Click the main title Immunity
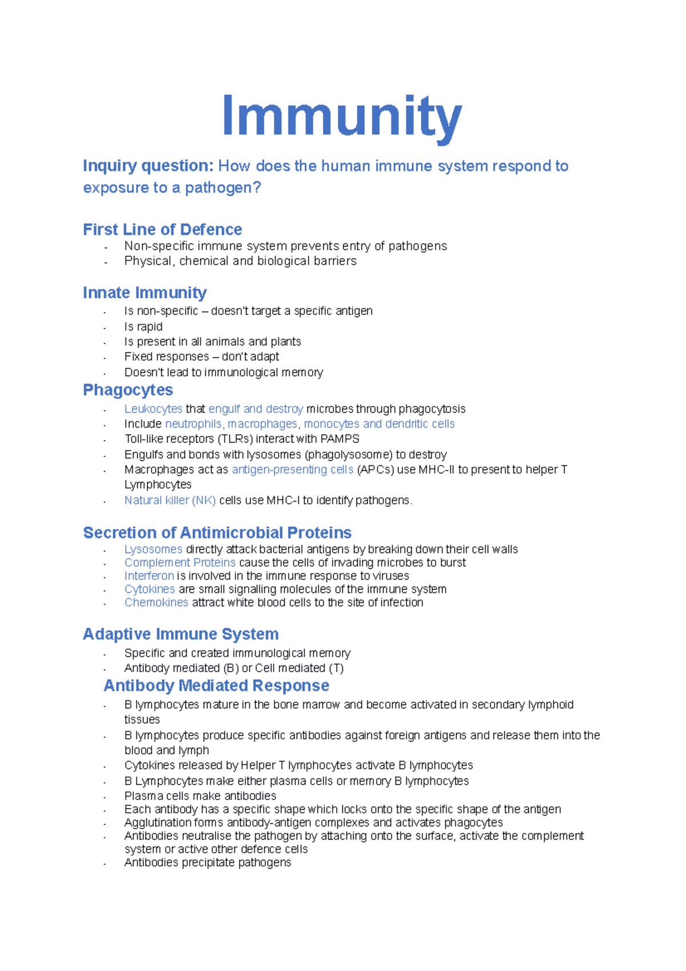[341, 118]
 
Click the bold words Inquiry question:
[148, 166]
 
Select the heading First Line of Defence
[162, 229]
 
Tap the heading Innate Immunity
[145, 293]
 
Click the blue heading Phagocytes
[128, 390]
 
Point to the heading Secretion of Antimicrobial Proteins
[217, 532]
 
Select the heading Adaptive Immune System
[181, 634]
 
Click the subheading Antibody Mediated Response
[216, 685]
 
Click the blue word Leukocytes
[153, 409]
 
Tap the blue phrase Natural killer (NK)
[170, 500]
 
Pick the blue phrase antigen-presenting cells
[292, 469]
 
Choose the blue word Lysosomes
[153, 550]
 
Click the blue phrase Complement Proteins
[180, 563]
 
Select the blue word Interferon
[149, 576]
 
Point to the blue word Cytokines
[150, 589]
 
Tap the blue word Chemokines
[156, 602]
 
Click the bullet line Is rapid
[143, 327]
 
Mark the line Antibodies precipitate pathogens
[208, 862]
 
